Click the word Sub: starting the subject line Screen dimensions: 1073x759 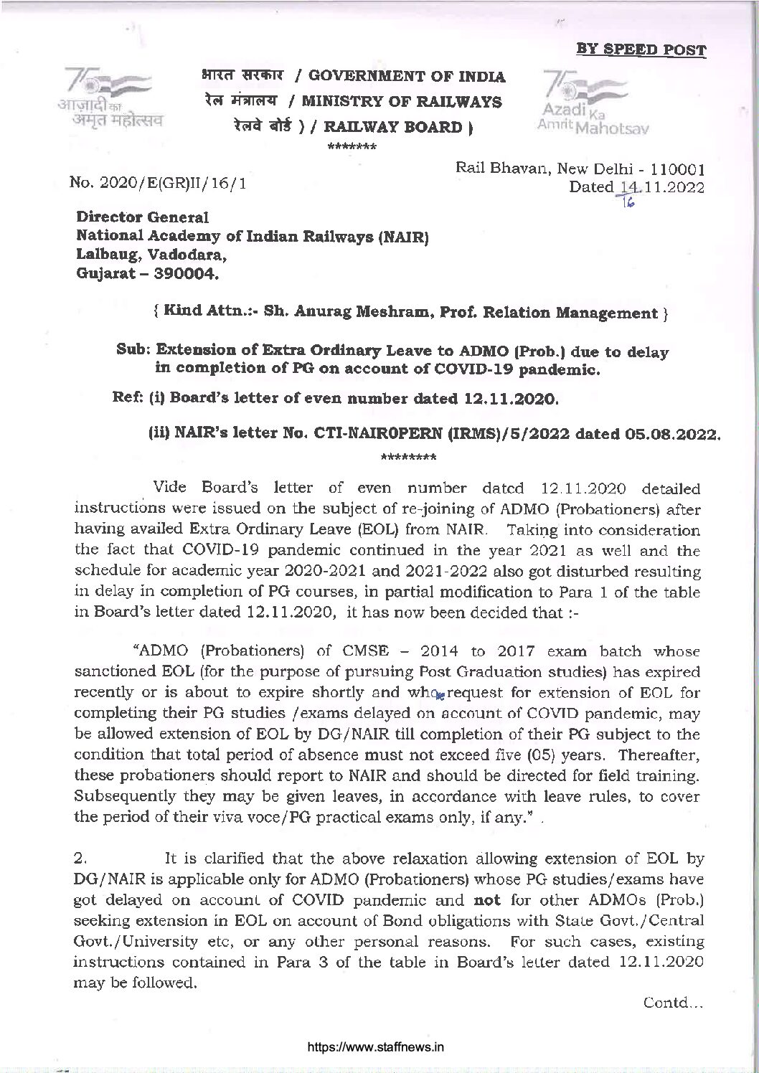[134, 351]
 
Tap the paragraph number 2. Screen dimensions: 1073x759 [80, 858]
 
